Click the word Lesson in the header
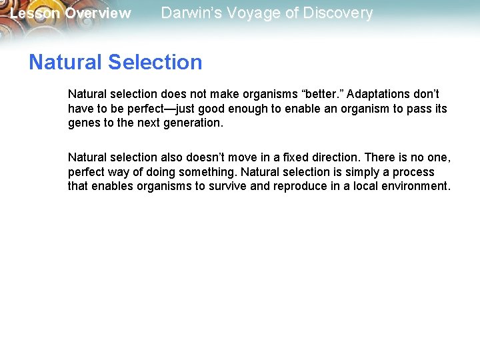(x=35, y=13)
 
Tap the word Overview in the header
(x=98, y=13)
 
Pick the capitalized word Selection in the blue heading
(x=154, y=62)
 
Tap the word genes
(x=83, y=123)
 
